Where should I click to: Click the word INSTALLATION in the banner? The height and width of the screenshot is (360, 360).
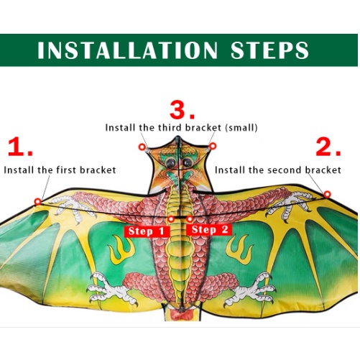pos(127,50)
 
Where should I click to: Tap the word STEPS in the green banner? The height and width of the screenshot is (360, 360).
pos(269,50)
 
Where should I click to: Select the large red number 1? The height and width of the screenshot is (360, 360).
pos(20,147)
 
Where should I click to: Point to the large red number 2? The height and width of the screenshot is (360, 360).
pos(328,147)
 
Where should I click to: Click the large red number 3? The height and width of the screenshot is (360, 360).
pos(182,110)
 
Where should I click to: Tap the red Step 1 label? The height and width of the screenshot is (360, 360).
pos(147,231)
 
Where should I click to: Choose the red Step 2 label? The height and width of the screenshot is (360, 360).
pos(209,230)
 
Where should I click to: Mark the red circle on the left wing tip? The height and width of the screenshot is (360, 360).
pos(37,202)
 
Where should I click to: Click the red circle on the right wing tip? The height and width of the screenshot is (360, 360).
pos(327,194)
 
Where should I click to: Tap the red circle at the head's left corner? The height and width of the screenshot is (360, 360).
pos(142,147)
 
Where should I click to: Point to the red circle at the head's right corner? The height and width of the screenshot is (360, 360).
pos(213,146)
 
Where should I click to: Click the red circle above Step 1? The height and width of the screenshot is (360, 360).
pos(171,219)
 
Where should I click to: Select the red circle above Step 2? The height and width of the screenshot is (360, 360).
pos(190,218)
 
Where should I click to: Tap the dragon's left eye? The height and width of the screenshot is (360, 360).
pos(171,163)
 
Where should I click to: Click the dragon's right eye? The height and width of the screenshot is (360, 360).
pos(188,162)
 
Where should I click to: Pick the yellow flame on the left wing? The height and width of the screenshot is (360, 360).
pos(121,249)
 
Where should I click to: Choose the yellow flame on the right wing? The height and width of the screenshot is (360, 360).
pos(239,249)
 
